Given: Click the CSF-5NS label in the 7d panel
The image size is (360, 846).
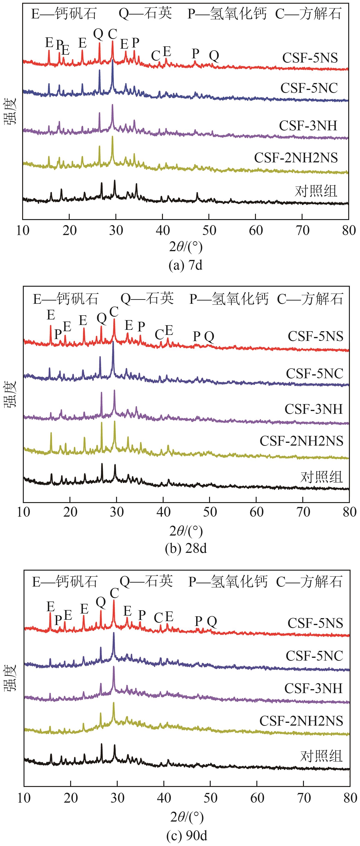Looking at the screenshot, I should (x=310, y=58).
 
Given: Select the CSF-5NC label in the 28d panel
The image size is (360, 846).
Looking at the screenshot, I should (x=314, y=373).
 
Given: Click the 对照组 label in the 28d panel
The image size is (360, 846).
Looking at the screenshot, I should (x=321, y=477).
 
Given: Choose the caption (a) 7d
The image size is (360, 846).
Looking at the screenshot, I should (x=185, y=265).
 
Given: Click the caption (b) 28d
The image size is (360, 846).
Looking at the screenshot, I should (x=186, y=548).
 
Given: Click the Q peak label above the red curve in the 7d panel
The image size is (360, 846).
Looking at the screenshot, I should (x=98, y=33).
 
